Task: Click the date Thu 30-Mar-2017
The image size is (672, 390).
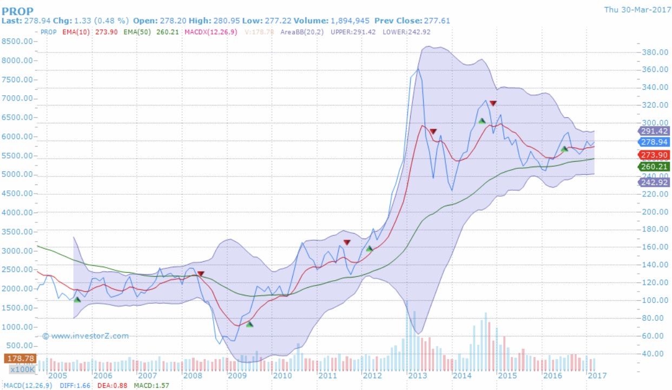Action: pyautogui.click(x=636, y=9)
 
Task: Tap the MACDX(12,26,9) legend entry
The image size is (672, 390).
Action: pyautogui.click(x=210, y=32)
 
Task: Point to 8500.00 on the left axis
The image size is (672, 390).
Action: pyautogui.click(x=17, y=41)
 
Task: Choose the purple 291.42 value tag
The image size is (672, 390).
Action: pyautogui.click(x=654, y=131)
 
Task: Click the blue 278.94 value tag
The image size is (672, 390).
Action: pyautogui.click(x=654, y=142)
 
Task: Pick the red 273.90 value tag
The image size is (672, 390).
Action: pyautogui.click(x=654, y=155)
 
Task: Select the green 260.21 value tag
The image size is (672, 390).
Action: pyautogui.click(x=654, y=167)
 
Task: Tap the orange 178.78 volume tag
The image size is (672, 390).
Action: pyautogui.click(x=19, y=358)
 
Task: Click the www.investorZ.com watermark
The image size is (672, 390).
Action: pyautogui.click(x=86, y=336)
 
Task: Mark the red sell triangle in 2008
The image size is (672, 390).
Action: pyautogui.click(x=201, y=274)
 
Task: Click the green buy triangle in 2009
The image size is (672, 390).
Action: pyautogui.click(x=249, y=324)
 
